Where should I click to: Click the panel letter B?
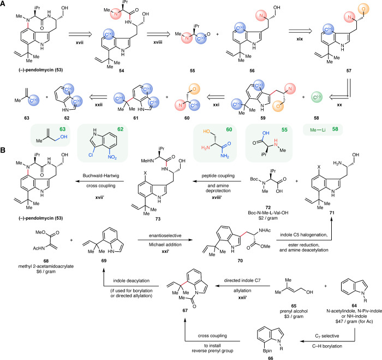(3, 150)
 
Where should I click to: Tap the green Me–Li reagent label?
(318, 130)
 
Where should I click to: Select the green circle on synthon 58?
(317, 97)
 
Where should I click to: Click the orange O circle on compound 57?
(363, 9)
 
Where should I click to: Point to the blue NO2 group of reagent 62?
(112, 157)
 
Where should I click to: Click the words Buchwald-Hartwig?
(101, 175)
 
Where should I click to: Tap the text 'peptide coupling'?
(218, 175)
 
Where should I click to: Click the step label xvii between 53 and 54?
(80, 43)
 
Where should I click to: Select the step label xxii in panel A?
(98, 105)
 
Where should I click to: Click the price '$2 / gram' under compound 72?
(268, 218)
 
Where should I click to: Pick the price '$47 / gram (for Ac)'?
(354, 321)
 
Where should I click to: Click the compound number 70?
(240, 261)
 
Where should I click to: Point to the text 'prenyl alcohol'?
(294, 311)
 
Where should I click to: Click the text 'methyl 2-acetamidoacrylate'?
(46, 267)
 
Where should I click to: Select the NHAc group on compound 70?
(265, 230)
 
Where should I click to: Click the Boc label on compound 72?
(254, 179)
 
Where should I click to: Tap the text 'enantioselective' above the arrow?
(165, 235)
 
